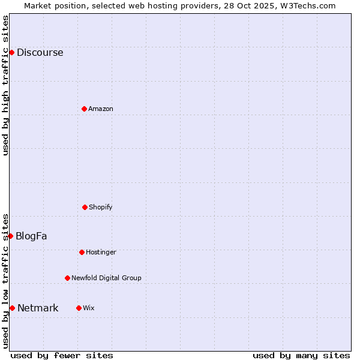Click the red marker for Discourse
(11, 53)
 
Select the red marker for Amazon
(84, 109)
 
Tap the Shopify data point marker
(85, 207)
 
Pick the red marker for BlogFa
(11, 236)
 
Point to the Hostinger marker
(82, 252)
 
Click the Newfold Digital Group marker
(67, 278)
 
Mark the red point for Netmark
(12, 308)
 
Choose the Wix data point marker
(79, 308)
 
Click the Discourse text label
(40, 53)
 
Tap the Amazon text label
(101, 109)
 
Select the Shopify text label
(101, 208)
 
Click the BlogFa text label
(31, 236)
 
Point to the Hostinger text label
(101, 253)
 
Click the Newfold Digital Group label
(106, 278)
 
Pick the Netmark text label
(38, 308)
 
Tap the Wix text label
(89, 308)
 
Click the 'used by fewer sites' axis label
(62, 355)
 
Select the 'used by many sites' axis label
(301, 355)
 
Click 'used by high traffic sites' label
(5, 85)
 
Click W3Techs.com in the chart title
(307, 5)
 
